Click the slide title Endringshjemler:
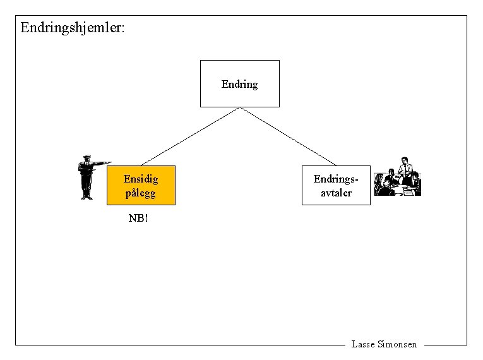(73, 28)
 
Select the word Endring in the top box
(239, 84)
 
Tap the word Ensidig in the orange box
(141, 179)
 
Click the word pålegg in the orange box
(141, 193)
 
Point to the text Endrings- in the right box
(336, 179)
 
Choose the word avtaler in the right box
(336, 193)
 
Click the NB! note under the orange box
(138, 219)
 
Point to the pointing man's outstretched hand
(109, 163)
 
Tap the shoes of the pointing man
(86, 197)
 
